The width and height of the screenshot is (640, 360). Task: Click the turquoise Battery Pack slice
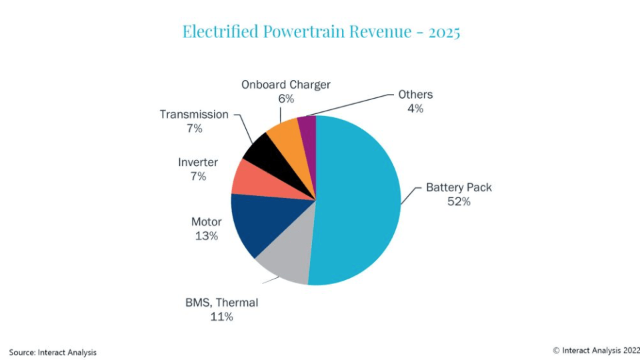360,200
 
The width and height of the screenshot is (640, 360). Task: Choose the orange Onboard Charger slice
283,131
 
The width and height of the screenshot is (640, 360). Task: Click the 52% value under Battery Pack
459,201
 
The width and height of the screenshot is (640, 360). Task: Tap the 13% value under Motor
207,236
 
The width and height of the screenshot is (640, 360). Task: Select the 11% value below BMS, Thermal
221,317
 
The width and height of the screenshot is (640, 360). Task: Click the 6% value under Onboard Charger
286,99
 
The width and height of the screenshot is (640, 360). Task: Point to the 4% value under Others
415,109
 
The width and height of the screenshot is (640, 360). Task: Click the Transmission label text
194,114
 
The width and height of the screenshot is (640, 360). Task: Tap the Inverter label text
197,162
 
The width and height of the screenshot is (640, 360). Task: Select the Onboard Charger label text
286,85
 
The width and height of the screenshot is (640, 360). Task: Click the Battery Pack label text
459,187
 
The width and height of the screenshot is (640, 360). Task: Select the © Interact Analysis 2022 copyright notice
595,350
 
